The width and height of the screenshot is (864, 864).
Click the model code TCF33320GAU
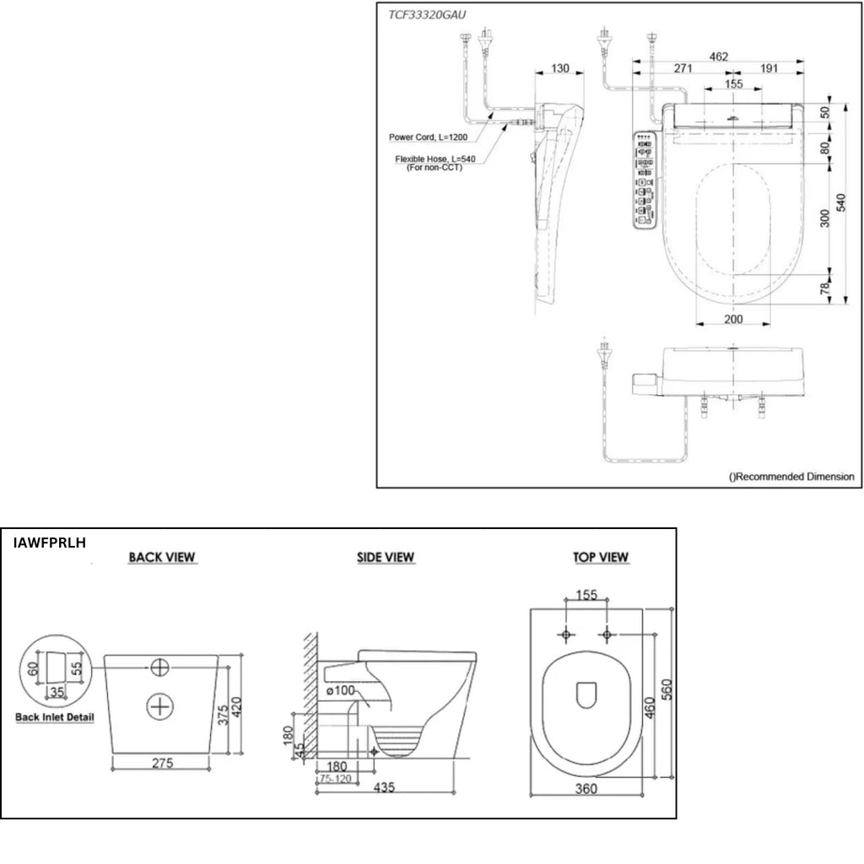pos(427,15)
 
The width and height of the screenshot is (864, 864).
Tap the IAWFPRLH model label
pos(50,543)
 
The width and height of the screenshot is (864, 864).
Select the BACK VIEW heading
pos(162,557)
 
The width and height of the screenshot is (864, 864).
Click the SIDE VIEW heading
pos(385,557)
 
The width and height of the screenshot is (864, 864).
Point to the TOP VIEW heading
pos(601,557)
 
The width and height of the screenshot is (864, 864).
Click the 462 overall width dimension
pos(719,57)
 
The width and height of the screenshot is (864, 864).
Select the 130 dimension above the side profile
pos(560,68)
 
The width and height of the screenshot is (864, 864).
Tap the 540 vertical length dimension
pos(841,202)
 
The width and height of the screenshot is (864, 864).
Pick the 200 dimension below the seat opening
pos(733,319)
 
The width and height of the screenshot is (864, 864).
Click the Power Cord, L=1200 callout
pos(428,138)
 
